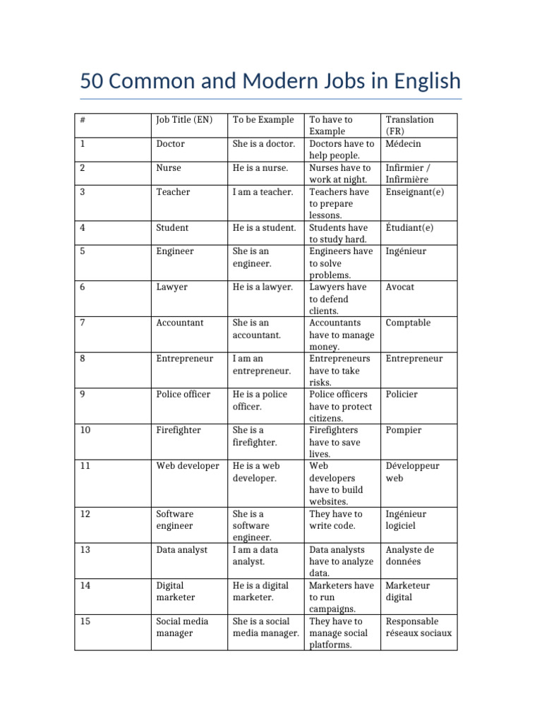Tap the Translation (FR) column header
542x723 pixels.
[409, 125]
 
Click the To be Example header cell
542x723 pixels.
[263, 119]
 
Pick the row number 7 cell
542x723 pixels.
[83, 323]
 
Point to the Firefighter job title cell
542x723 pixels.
[178, 430]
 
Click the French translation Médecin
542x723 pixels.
[404, 143]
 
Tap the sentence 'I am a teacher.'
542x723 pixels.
[263, 192]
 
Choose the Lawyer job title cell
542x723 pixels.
[171, 287]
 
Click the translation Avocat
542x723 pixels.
[400, 287]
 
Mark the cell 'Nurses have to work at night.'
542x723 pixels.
[342, 174]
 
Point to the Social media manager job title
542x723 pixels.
[181, 627]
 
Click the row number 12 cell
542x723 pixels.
[85, 514]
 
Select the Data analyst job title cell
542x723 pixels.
[181, 549]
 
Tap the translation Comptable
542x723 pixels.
[408, 323]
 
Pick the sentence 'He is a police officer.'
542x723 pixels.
[260, 400]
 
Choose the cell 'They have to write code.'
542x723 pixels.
[336, 520]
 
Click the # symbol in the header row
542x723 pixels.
[83, 119]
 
